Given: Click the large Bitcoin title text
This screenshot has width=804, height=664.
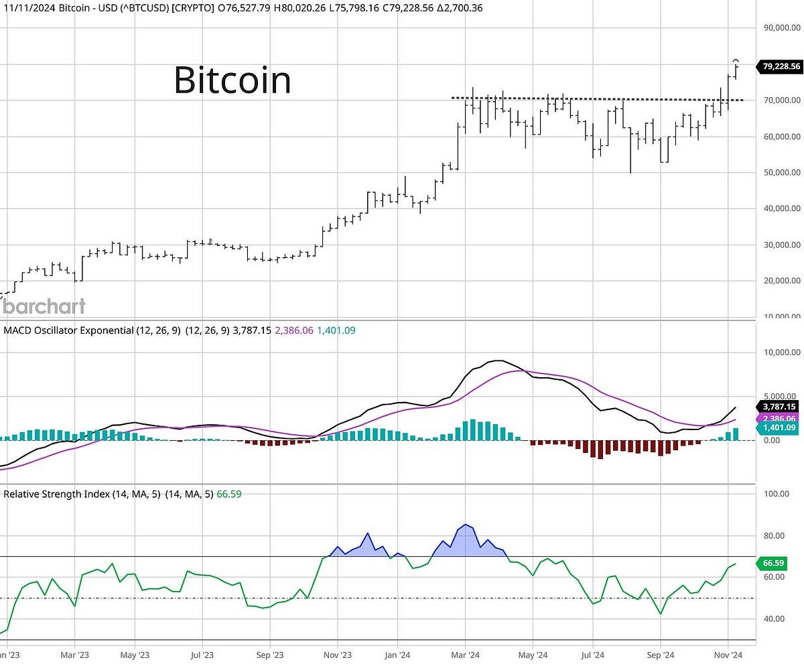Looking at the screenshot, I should [x=232, y=80].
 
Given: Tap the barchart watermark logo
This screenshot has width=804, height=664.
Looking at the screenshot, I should [x=43, y=307].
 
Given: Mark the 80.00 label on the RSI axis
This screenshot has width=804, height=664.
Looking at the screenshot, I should [x=776, y=536].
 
